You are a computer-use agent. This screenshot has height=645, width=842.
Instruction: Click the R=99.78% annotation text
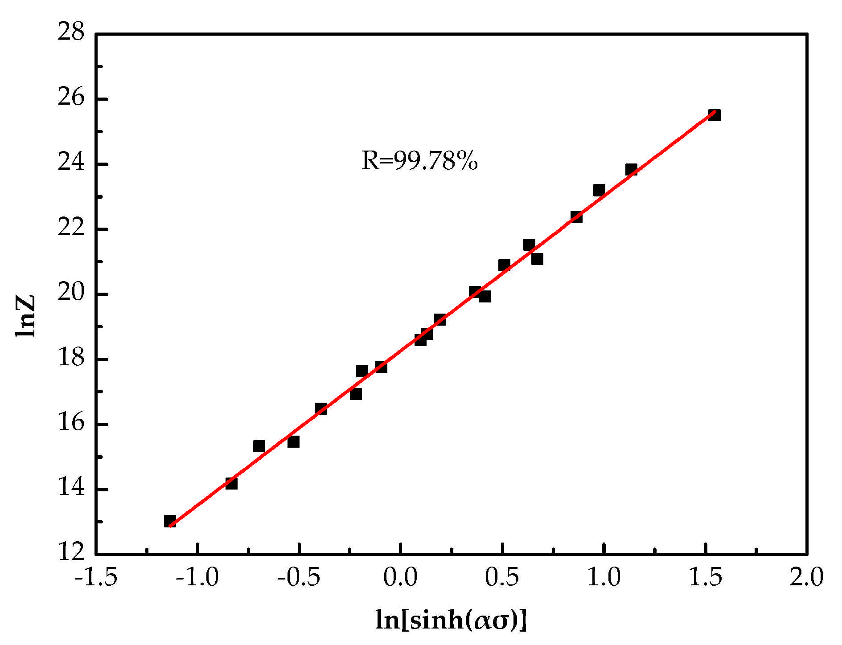(x=419, y=161)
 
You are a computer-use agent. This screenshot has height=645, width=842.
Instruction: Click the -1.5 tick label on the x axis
(x=96, y=578)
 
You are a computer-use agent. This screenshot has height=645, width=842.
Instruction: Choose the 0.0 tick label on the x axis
(x=401, y=578)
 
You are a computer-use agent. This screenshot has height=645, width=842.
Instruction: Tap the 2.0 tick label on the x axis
(x=806, y=578)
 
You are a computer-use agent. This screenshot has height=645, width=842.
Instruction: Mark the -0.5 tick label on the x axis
(x=299, y=578)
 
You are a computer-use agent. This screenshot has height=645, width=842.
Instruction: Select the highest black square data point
(x=714, y=115)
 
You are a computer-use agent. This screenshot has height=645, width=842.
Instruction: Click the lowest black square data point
(x=170, y=521)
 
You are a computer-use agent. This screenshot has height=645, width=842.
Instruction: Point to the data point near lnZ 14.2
(x=231, y=483)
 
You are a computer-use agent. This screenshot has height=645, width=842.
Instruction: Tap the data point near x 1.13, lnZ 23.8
(x=631, y=170)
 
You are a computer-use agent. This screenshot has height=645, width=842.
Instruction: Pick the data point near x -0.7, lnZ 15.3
(x=259, y=446)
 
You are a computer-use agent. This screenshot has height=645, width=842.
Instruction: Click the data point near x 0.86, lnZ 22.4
(x=576, y=217)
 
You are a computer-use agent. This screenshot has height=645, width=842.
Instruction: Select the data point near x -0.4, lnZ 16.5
(x=321, y=408)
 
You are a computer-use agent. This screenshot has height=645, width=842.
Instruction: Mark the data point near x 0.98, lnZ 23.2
(x=599, y=190)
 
